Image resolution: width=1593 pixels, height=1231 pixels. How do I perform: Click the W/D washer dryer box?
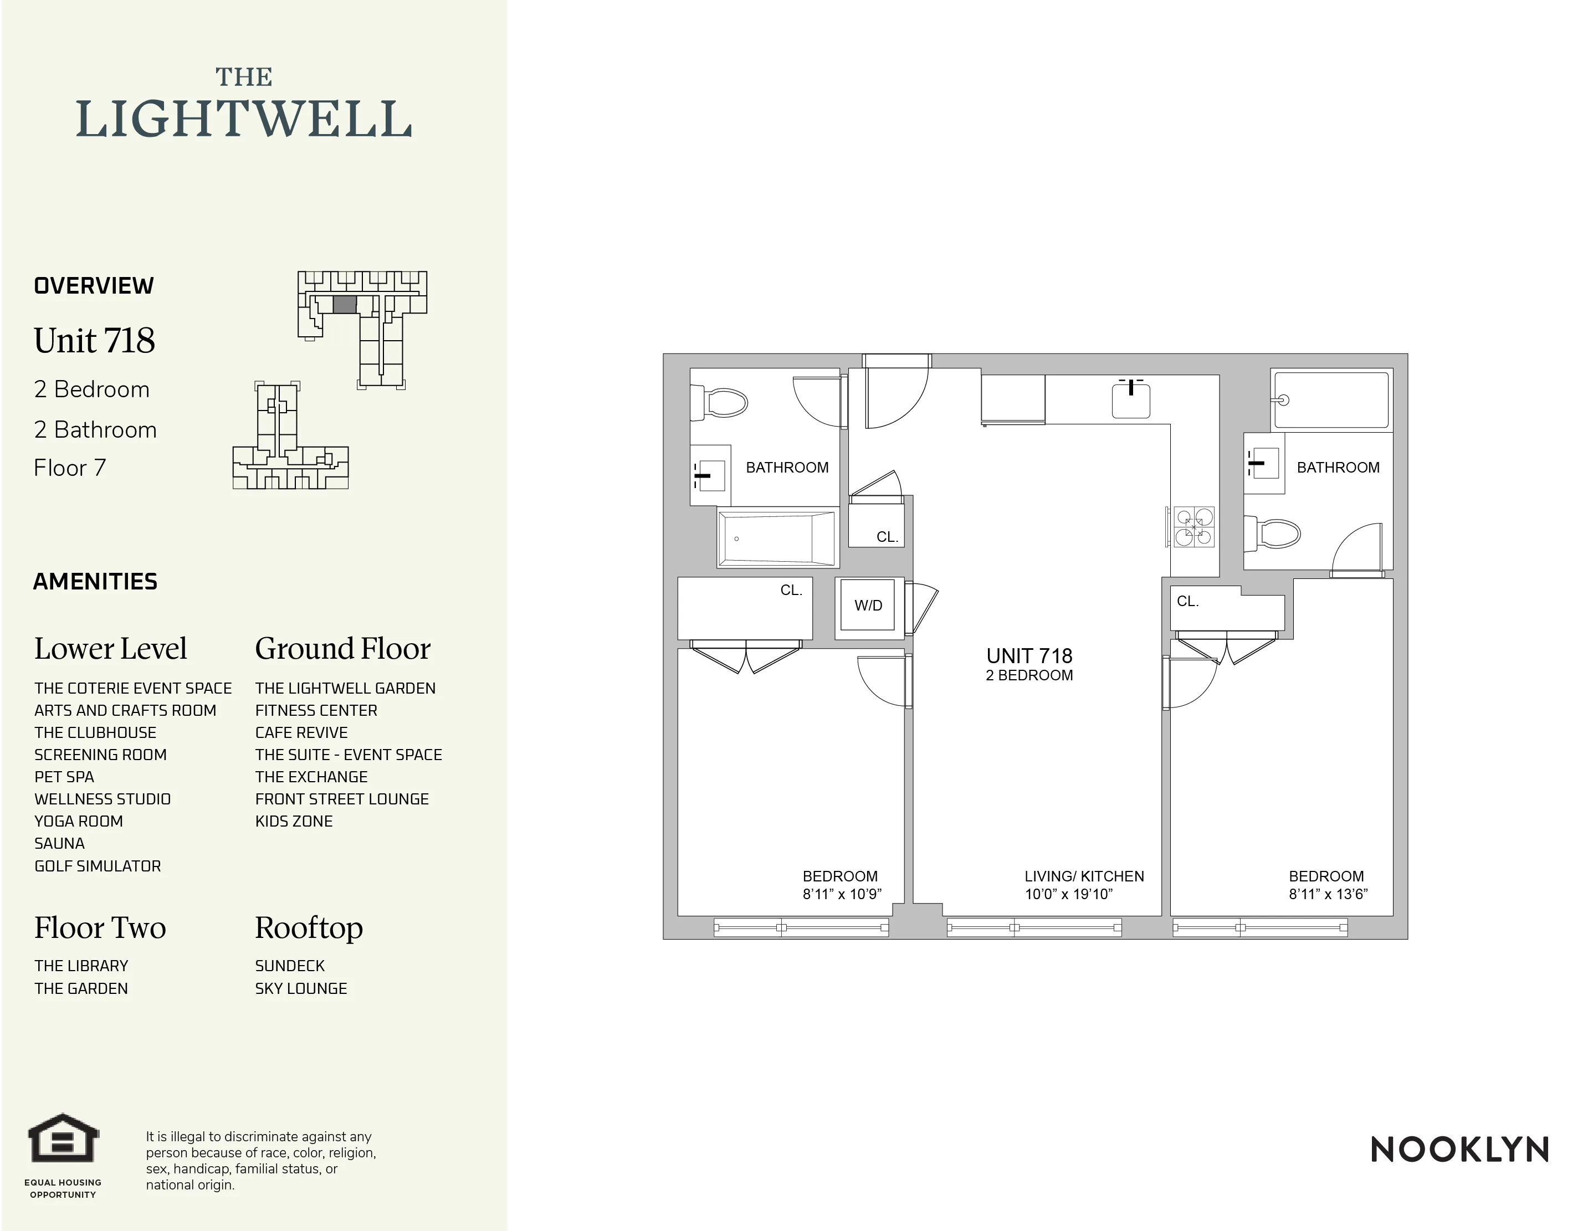coord(868,606)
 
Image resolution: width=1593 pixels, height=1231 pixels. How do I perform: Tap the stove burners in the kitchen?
coord(1194,526)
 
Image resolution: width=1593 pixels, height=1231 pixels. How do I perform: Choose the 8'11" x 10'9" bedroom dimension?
coord(842,894)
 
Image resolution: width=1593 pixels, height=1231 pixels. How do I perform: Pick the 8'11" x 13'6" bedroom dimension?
coord(1328,894)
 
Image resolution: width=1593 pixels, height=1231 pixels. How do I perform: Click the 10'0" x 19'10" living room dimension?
coord(1069,894)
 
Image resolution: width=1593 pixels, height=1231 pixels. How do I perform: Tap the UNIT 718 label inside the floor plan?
coord(1029,656)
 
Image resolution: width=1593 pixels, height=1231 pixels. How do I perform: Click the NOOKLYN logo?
coord(1459,1150)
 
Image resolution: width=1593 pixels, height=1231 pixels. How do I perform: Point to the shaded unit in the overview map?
coord(344,305)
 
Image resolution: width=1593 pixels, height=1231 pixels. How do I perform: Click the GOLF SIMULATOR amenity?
coord(98,866)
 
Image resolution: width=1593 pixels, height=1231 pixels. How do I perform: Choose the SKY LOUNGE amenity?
coord(300,989)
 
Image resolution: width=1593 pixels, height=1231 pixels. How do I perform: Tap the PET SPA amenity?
coord(64,777)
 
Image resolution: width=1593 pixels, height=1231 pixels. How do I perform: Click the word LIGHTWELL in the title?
coord(244,120)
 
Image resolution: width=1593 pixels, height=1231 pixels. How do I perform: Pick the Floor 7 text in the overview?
coord(70,468)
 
